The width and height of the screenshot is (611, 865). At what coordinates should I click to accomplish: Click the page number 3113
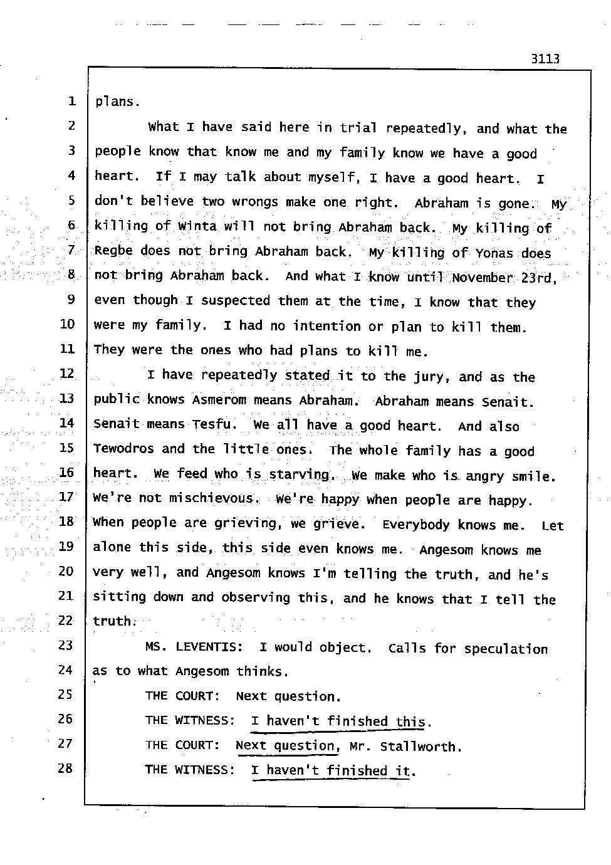point(544,60)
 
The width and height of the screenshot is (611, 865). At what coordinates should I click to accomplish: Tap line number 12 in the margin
point(66,374)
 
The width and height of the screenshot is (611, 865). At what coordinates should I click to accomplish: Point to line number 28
point(65,768)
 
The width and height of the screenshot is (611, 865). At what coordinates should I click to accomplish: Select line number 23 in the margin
point(65,645)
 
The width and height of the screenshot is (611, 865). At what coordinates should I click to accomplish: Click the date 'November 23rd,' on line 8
point(504,277)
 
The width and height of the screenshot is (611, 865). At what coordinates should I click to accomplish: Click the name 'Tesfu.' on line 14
point(214,424)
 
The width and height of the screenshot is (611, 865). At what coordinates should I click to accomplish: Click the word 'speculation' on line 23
point(506,649)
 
